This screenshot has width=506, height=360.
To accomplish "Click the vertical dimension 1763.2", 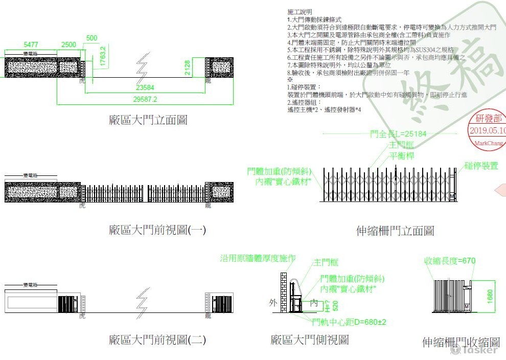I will click(103, 56).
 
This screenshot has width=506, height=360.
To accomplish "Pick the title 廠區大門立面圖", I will click(148, 120).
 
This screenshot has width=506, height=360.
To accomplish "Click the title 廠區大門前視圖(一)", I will click(157, 230).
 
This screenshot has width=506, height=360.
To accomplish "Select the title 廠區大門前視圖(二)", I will click(157, 340).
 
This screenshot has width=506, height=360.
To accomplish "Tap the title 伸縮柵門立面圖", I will click(395, 231).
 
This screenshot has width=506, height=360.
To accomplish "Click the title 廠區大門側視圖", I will click(310, 340).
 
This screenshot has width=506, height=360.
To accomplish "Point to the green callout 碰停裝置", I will click(481, 166).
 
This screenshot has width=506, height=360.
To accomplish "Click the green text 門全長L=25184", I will click(398, 134).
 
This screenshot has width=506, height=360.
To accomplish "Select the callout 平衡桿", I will click(402, 156).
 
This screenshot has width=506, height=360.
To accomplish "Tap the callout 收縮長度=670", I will click(450, 261).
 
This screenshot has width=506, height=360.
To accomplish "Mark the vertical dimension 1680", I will click(490, 295).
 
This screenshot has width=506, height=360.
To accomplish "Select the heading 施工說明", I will click(300, 11).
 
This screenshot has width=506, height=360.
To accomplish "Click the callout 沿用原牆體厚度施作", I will click(258, 258).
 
